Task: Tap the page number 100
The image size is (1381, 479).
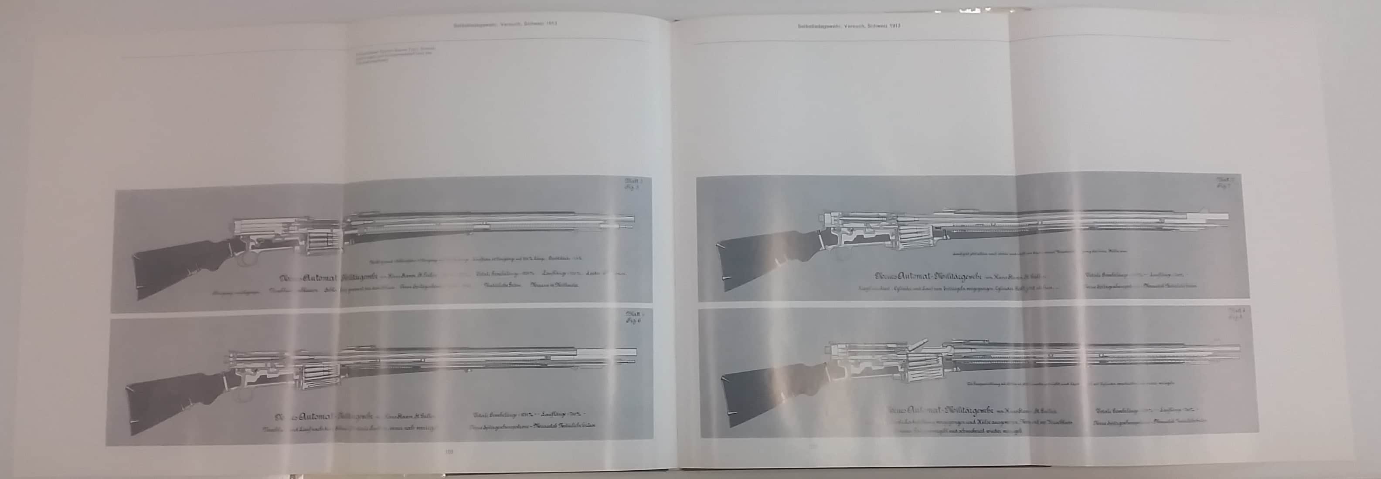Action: [449, 452]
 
